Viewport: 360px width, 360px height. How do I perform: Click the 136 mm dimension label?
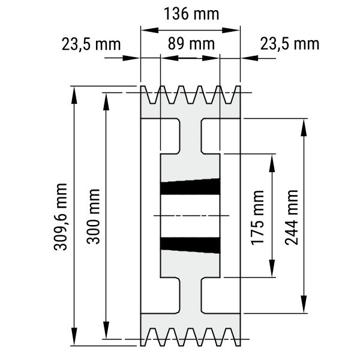point(191,14)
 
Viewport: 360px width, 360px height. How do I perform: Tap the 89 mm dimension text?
point(191,44)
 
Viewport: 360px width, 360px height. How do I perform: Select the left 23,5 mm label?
point(91,44)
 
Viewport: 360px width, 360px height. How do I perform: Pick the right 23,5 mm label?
point(290,44)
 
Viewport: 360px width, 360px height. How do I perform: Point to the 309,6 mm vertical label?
point(61,217)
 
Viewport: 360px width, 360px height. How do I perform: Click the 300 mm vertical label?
point(94,217)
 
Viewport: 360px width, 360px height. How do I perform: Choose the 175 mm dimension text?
point(257,218)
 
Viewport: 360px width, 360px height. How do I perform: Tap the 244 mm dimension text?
point(292,217)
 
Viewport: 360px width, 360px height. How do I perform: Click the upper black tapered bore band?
point(190,187)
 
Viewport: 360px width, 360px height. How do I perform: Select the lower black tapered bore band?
point(190,245)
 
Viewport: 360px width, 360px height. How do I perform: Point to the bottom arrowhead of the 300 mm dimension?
point(106,329)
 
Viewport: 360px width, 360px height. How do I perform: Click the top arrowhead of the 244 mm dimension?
point(304,128)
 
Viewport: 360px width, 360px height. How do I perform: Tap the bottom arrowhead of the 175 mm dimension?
point(272,268)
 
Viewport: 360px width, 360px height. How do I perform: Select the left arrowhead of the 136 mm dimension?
point(149,30)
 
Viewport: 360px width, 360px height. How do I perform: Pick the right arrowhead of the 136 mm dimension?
point(231,30)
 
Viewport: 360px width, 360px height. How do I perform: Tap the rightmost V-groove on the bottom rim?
point(229,337)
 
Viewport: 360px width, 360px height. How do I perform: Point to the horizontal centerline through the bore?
point(191,215)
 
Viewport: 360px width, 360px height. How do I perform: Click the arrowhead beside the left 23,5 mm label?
point(131,58)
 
